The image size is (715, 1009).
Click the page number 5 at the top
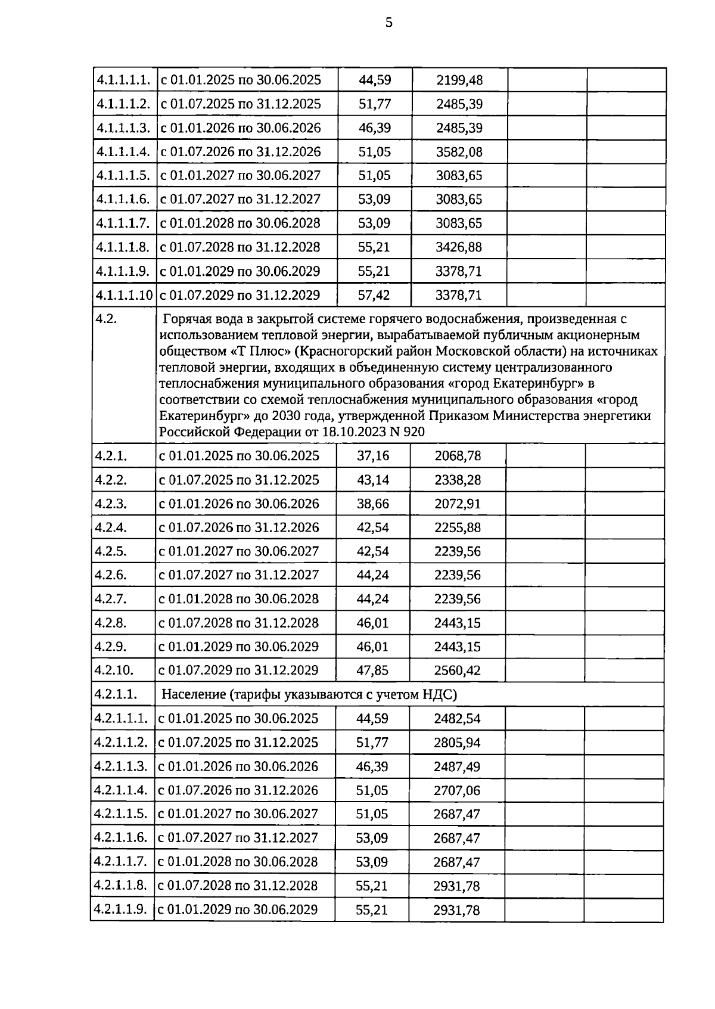(x=388, y=23)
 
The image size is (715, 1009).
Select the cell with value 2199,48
(x=459, y=80)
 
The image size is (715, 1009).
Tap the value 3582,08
(x=459, y=152)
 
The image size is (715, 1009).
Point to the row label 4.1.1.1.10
(x=124, y=295)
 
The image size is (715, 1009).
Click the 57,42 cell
(x=374, y=295)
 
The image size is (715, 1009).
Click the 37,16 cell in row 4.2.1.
(x=372, y=456)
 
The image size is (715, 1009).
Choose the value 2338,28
(x=457, y=480)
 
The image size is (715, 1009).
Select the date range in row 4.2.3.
(x=238, y=504)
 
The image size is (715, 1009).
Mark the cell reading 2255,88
(x=457, y=527)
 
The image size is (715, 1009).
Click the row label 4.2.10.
(x=114, y=670)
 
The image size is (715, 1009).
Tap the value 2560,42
(x=457, y=670)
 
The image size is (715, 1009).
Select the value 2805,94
(x=456, y=743)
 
